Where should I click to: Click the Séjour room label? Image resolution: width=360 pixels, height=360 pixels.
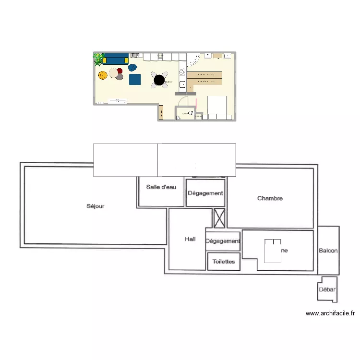pyautogui.click(x=95, y=206)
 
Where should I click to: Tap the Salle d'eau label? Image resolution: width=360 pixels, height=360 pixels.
pyautogui.click(x=161, y=187)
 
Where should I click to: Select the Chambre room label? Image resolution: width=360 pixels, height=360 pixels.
pyautogui.click(x=270, y=198)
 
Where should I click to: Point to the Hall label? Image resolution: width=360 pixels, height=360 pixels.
pyautogui.click(x=191, y=239)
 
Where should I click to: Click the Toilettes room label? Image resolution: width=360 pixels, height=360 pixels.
pyautogui.click(x=224, y=262)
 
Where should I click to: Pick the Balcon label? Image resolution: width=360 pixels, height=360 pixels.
pyautogui.click(x=328, y=251)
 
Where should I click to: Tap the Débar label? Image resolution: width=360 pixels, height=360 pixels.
pyautogui.click(x=327, y=289)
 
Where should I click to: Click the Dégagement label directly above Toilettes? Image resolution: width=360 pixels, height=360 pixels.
pyautogui.click(x=223, y=241)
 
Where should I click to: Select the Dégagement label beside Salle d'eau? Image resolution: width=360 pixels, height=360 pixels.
pyautogui.click(x=205, y=193)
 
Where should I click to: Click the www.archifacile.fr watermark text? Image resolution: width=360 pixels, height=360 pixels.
pyautogui.click(x=330, y=313)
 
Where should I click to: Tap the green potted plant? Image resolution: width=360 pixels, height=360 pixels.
pyautogui.click(x=98, y=59)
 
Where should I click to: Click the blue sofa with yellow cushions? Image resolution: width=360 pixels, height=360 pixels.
pyautogui.click(x=115, y=59)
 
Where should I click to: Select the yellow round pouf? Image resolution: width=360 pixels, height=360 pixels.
pyautogui.click(x=102, y=75)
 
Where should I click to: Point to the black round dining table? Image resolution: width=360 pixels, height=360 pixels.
pyautogui.click(x=159, y=79)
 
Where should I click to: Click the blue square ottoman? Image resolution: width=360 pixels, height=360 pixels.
pyautogui.click(x=134, y=79)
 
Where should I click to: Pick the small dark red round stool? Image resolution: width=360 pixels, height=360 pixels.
pyautogui.click(x=120, y=76)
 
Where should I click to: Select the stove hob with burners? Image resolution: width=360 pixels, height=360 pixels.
pyautogui.click(x=182, y=72)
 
